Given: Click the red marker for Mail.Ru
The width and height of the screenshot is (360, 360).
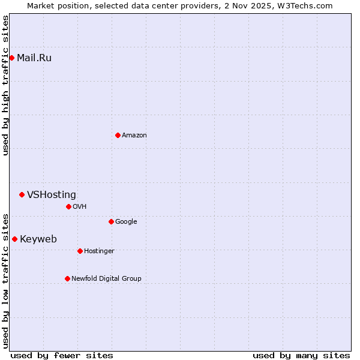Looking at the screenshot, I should (11, 58).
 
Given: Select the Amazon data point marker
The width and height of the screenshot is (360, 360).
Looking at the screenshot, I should (118, 135).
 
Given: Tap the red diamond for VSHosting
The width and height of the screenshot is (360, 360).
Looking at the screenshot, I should (22, 194).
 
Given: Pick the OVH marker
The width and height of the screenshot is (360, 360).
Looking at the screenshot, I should (68, 206).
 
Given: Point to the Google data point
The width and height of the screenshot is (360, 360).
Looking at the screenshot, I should (111, 221).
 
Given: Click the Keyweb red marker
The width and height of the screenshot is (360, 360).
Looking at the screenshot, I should (14, 239).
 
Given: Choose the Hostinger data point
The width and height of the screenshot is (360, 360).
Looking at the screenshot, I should (80, 251).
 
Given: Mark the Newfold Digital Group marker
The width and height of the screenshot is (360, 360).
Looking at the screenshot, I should (67, 278).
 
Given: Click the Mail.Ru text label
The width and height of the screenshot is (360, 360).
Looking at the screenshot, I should (34, 58).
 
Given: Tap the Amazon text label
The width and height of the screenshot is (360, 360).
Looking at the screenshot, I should (134, 135).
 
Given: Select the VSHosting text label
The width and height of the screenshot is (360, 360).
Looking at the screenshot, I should (52, 194).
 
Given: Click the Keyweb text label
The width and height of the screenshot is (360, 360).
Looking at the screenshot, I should (38, 239).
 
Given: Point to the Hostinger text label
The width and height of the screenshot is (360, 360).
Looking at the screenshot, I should (99, 251).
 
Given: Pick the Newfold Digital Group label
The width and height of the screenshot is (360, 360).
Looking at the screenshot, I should (106, 278).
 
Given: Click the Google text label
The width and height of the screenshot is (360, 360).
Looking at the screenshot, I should (126, 221).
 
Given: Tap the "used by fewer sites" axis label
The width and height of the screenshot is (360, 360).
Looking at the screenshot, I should (62, 355).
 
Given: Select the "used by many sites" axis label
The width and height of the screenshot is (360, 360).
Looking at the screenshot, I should (301, 355).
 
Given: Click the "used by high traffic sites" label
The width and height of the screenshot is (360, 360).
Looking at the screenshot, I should (5, 85).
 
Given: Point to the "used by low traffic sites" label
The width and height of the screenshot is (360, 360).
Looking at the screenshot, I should (5, 280).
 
